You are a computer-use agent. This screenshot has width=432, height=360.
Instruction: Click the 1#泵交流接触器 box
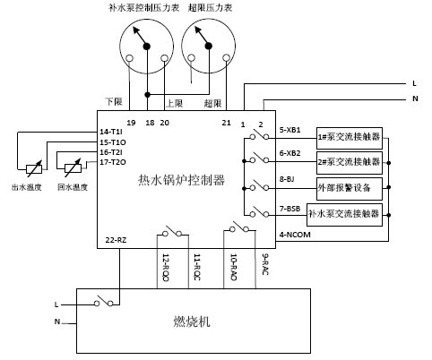click(x=350, y=138)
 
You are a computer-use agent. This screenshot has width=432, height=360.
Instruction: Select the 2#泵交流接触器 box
click(x=350, y=163)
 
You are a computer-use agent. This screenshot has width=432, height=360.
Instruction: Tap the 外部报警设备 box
click(x=350, y=189)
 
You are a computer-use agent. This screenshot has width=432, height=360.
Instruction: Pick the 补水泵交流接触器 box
click(x=344, y=215)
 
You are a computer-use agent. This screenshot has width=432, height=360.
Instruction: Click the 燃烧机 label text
click(x=192, y=321)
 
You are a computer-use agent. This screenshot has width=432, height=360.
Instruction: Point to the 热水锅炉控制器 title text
click(x=181, y=180)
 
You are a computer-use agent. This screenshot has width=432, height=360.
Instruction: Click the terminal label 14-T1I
click(x=111, y=132)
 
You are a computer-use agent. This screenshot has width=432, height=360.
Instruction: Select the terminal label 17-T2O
click(x=113, y=162)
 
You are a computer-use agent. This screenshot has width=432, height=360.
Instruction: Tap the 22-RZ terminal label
click(x=116, y=240)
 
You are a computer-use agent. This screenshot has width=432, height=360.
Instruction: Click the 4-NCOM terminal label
click(x=295, y=235)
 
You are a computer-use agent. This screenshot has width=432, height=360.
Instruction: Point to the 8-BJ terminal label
click(x=287, y=179)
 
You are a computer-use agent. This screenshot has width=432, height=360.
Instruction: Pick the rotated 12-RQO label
click(x=166, y=267)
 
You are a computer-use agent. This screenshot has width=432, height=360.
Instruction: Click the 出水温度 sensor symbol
click(x=34, y=168)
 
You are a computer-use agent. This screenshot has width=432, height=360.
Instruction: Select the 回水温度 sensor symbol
click(x=73, y=167)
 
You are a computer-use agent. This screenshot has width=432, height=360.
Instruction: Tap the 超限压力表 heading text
click(x=211, y=8)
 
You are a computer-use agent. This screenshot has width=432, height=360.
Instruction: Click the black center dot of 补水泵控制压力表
click(x=147, y=46)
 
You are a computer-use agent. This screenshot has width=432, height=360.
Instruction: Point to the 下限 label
click(x=114, y=101)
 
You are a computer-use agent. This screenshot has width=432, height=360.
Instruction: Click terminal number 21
click(x=227, y=123)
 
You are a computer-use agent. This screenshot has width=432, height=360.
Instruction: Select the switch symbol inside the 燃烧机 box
click(x=103, y=301)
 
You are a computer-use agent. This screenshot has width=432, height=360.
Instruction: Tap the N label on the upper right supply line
click(x=415, y=99)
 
